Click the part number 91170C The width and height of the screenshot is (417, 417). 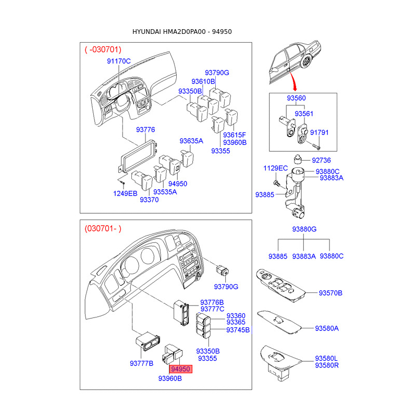point(119,61)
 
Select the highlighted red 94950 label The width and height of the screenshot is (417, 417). point(180,369)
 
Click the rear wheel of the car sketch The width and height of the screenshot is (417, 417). point(306,63)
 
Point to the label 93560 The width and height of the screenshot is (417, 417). point(296,98)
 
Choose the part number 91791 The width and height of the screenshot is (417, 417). point(320,132)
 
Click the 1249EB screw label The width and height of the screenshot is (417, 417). point(125,193)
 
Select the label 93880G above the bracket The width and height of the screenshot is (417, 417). point(304,229)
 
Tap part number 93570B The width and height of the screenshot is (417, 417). point(330,293)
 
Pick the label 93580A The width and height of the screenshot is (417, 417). point(327,328)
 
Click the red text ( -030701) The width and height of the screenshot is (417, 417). point(103,50)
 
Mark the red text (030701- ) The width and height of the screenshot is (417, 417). point(103,228)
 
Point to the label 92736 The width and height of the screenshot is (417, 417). point(321,160)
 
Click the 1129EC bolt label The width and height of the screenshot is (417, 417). point(276,168)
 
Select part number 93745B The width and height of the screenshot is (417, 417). point(238,330)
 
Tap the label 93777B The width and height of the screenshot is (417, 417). point(141,363)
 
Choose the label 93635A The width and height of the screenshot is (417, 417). point(191,141)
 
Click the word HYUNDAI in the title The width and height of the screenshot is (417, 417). point(146,32)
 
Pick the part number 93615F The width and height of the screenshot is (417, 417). point(234,135)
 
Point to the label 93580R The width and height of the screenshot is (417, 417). point(327,365)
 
